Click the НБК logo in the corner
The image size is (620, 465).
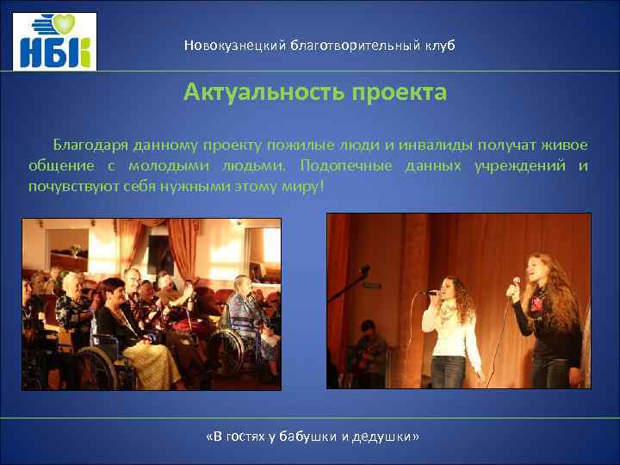point(54,41)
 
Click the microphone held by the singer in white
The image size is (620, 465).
point(430,293)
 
